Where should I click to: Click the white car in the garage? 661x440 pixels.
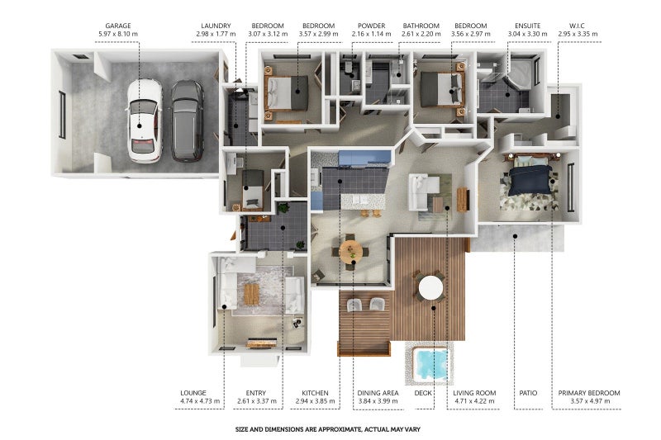point(145,121)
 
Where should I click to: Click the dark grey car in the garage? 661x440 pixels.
point(188,121)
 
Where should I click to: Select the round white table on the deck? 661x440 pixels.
point(430,288)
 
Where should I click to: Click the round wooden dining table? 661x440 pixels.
point(350,252)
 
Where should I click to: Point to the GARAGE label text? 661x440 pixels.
point(118,26)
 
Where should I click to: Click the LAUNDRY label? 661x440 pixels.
point(216,26)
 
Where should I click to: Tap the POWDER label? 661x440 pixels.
point(371,26)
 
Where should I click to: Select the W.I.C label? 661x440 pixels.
point(577,26)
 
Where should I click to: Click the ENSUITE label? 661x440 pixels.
point(527,26)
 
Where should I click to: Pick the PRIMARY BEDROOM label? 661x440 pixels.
point(589,393)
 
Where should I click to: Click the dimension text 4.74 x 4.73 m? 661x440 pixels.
point(200,401)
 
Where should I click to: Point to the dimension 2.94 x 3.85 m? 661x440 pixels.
point(315,401)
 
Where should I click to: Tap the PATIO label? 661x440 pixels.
point(528,393)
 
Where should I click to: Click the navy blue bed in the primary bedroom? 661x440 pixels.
point(530,179)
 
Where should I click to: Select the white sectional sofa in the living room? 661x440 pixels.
point(421,192)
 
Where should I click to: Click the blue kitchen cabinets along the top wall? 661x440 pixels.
point(364,158)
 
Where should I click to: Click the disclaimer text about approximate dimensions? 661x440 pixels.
point(327,429)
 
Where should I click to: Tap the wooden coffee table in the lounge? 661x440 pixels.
point(251,294)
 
